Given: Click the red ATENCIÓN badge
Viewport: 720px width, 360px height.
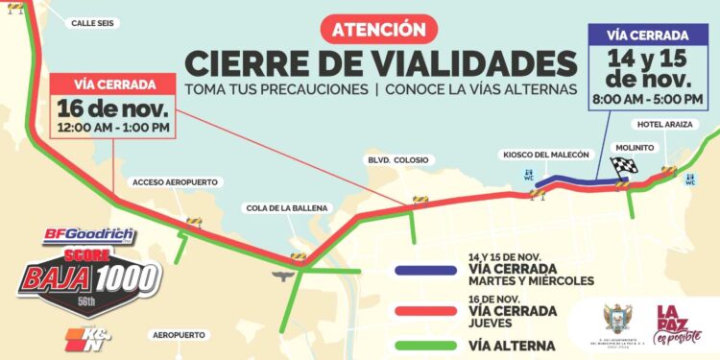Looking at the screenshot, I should tap(378, 28).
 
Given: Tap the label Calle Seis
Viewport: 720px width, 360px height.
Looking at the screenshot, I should tap(94, 23).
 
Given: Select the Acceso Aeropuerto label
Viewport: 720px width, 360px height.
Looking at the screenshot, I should tap(176, 181).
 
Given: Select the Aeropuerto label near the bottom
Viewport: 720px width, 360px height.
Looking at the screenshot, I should tap(178, 334).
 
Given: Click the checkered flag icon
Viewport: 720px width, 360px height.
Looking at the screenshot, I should tap(626, 166).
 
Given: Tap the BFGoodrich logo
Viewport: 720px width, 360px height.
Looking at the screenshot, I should tap(90, 235).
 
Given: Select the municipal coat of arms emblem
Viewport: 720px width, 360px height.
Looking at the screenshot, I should tap(615, 319).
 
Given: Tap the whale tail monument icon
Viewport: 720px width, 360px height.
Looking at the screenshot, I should tap(282, 276).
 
